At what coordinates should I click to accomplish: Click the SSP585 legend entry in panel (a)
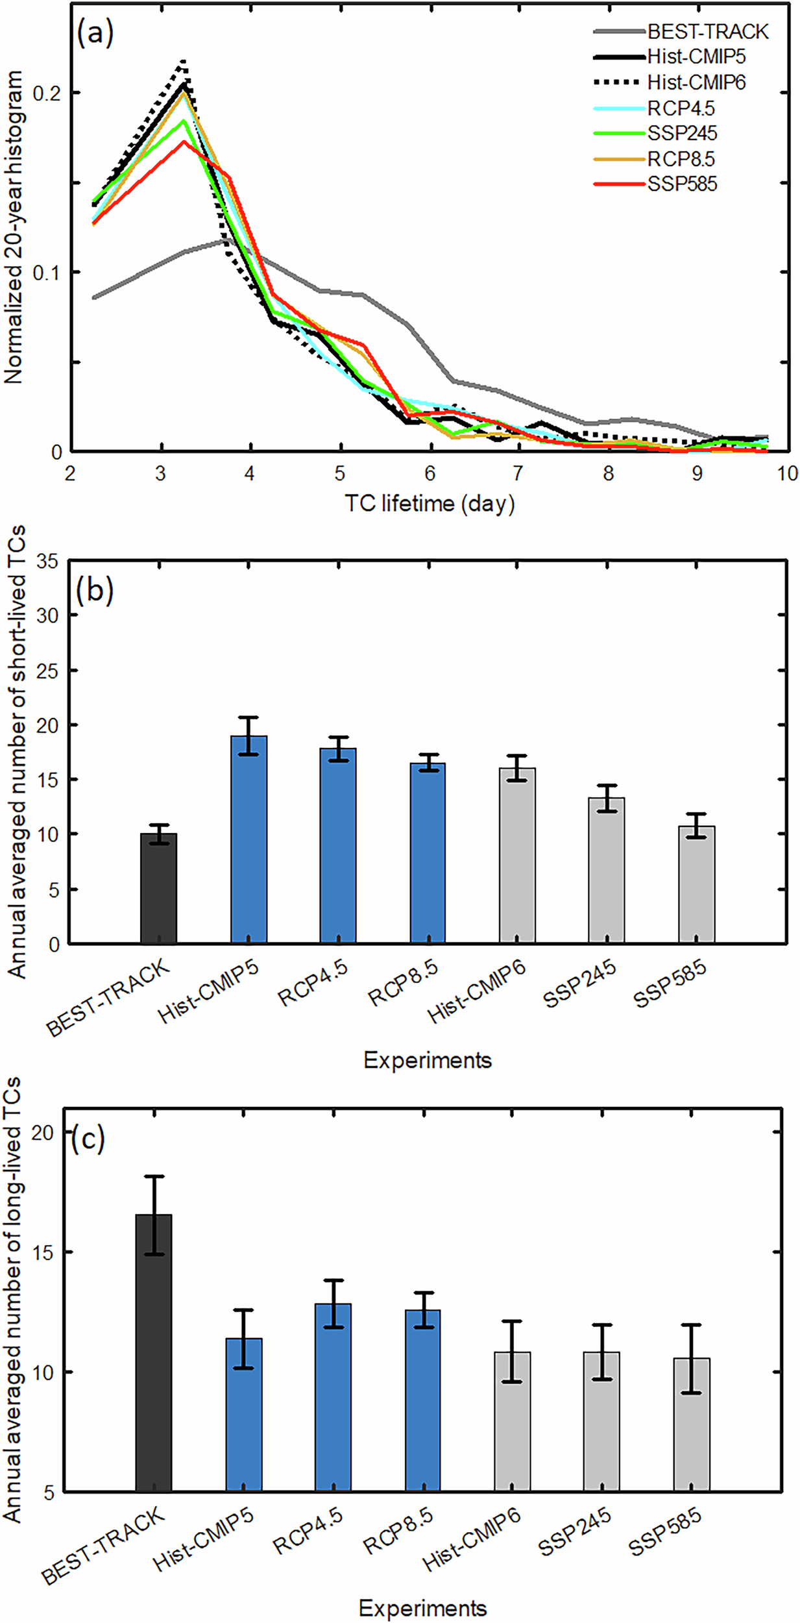pyautogui.click(x=681, y=184)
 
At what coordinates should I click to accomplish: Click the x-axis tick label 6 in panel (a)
pyautogui.click(x=430, y=473)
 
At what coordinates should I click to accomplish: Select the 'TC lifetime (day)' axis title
pyautogui.click(x=429, y=504)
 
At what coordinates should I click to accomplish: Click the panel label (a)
pyautogui.click(x=95, y=32)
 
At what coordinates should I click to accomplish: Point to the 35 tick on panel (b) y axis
pyautogui.click(x=47, y=562)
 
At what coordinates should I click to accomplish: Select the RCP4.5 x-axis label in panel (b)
pyautogui.click(x=313, y=984)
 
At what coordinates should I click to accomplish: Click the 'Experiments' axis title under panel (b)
pyautogui.click(x=427, y=1061)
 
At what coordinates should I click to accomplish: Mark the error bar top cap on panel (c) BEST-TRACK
pyautogui.click(x=154, y=1176)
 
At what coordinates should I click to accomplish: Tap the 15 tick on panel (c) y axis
pyautogui.click(x=43, y=1252)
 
